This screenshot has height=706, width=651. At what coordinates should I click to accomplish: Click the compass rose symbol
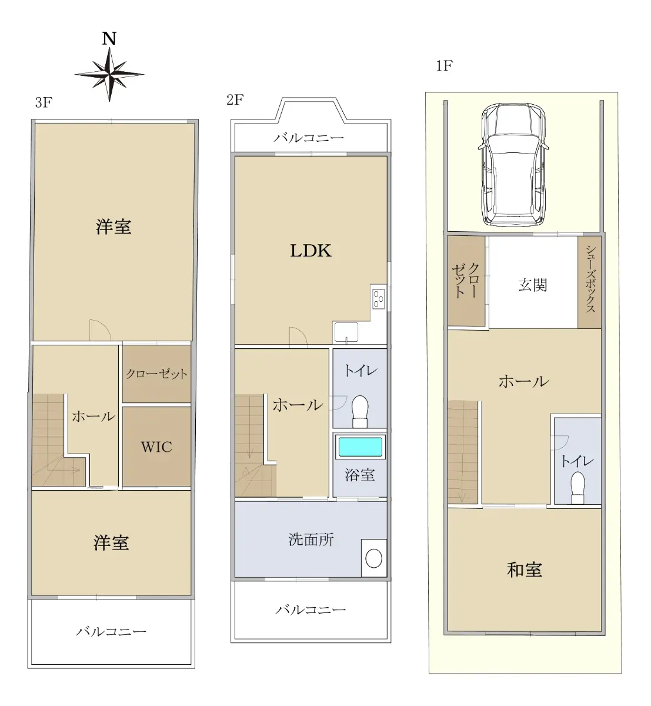coord(109,75)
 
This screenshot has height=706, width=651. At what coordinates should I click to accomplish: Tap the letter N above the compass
coord(109,38)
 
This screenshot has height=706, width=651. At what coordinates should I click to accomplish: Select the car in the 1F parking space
coord(513,165)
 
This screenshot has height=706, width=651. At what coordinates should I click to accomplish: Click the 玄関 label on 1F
coord(532,285)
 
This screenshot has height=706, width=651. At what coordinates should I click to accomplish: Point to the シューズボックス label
coord(590,279)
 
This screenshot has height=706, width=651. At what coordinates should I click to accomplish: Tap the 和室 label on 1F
coord(524,570)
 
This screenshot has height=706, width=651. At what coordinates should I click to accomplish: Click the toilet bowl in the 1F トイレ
coord(578,488)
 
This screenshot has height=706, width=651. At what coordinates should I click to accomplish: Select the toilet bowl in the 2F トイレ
coord(360,411)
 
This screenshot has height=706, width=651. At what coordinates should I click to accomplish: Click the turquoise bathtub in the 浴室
coord(360,447)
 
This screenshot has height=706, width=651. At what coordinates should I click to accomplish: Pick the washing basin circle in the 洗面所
coord(374,558)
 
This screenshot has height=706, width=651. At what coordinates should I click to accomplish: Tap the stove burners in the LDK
coord(378,299)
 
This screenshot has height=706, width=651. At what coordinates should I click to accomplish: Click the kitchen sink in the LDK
coord(346,331)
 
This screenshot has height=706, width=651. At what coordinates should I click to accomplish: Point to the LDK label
coord(311,251)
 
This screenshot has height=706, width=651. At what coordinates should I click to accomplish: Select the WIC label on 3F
coord(156,447)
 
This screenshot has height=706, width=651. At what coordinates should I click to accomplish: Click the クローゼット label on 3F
coord(156,374)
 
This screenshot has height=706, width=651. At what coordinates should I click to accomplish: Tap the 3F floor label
coord(44,102)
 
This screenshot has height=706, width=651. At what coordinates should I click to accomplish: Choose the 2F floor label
coord(235,100)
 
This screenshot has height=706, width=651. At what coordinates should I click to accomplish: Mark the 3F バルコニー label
coord(111,632)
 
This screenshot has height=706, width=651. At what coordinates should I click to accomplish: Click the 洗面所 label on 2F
coord(311,540)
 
